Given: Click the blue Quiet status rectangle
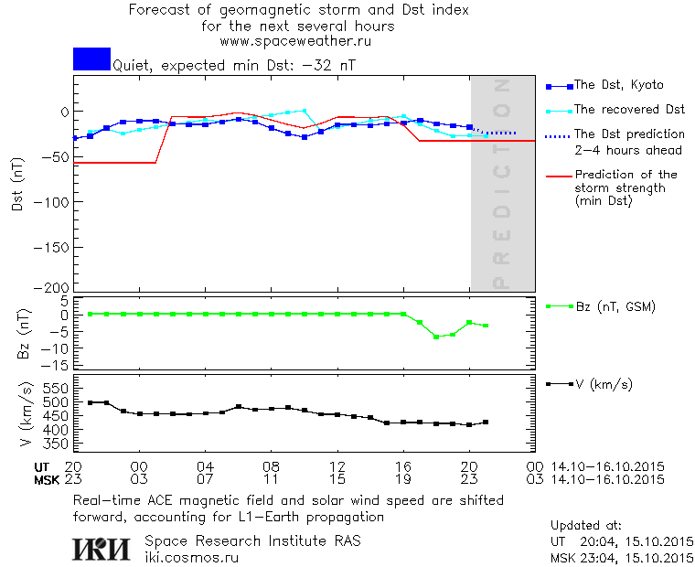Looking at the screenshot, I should click(91, 59).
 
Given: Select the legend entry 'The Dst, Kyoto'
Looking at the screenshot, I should click(618, 85).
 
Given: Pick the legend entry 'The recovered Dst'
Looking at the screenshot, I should click(629, 110).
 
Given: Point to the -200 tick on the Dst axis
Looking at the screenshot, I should click(56, 286).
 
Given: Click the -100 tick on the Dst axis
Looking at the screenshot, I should click(56, 199).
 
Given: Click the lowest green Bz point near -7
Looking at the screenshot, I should click(436, 337).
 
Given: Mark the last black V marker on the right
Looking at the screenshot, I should click(486, 422).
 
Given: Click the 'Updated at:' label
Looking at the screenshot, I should click(585, 526).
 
